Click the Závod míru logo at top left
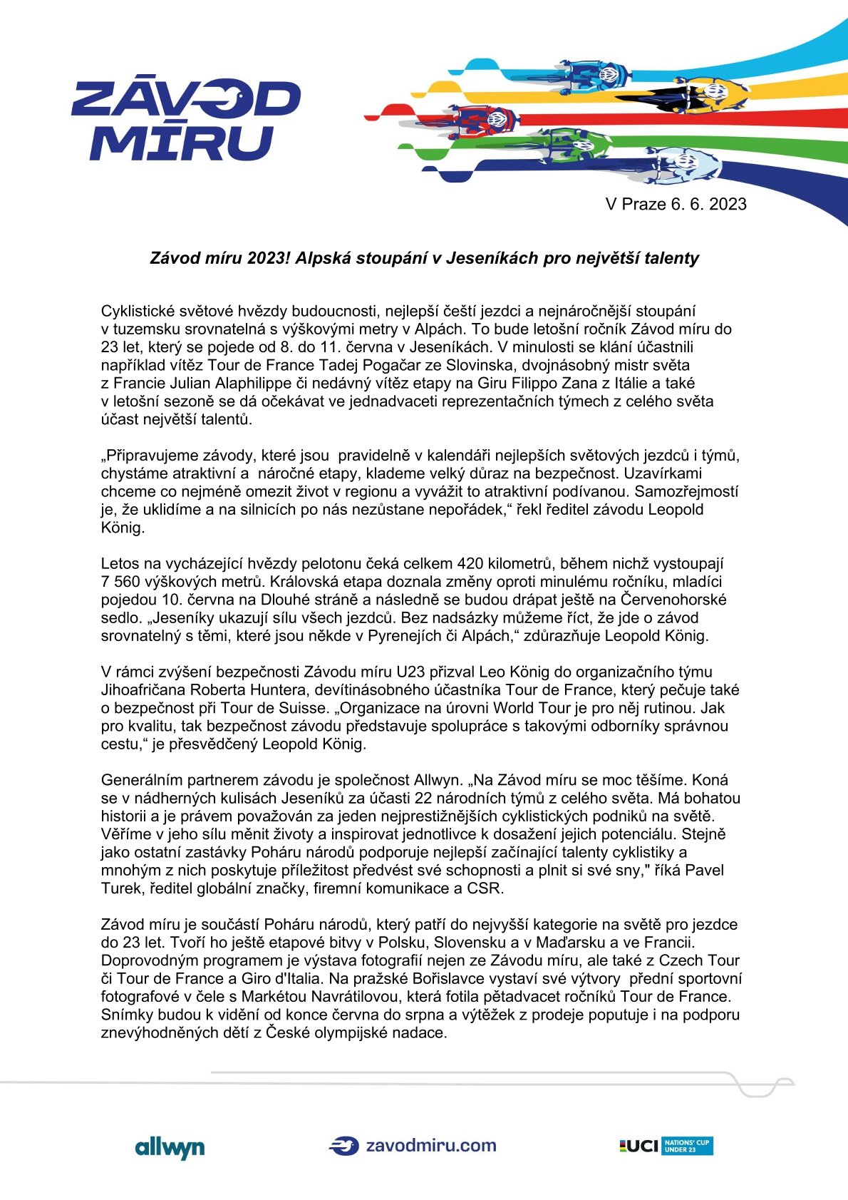(x=185, y=120)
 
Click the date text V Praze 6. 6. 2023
(x=676, y=205)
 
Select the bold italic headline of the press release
(x=424, y=258)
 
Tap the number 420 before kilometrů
(x=470, y=563)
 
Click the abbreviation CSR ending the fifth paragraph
(x=485, y=888)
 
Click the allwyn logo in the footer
(x=170, y=1147)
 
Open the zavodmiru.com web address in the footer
(x=430, y=1146)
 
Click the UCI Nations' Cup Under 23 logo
(x=666, y=1146)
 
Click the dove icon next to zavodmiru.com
(x=343, y=1146)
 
